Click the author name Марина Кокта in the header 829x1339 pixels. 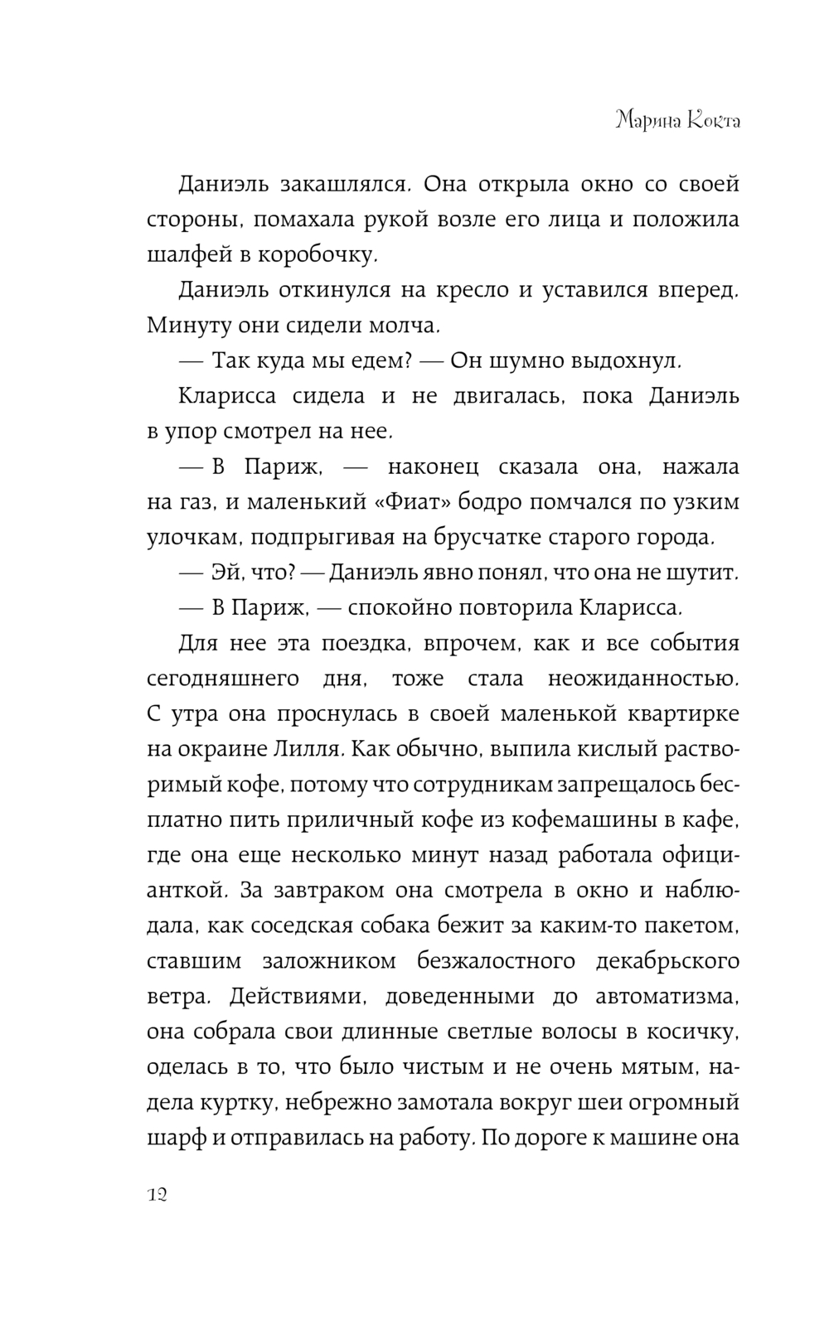[x=677, y=121]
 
